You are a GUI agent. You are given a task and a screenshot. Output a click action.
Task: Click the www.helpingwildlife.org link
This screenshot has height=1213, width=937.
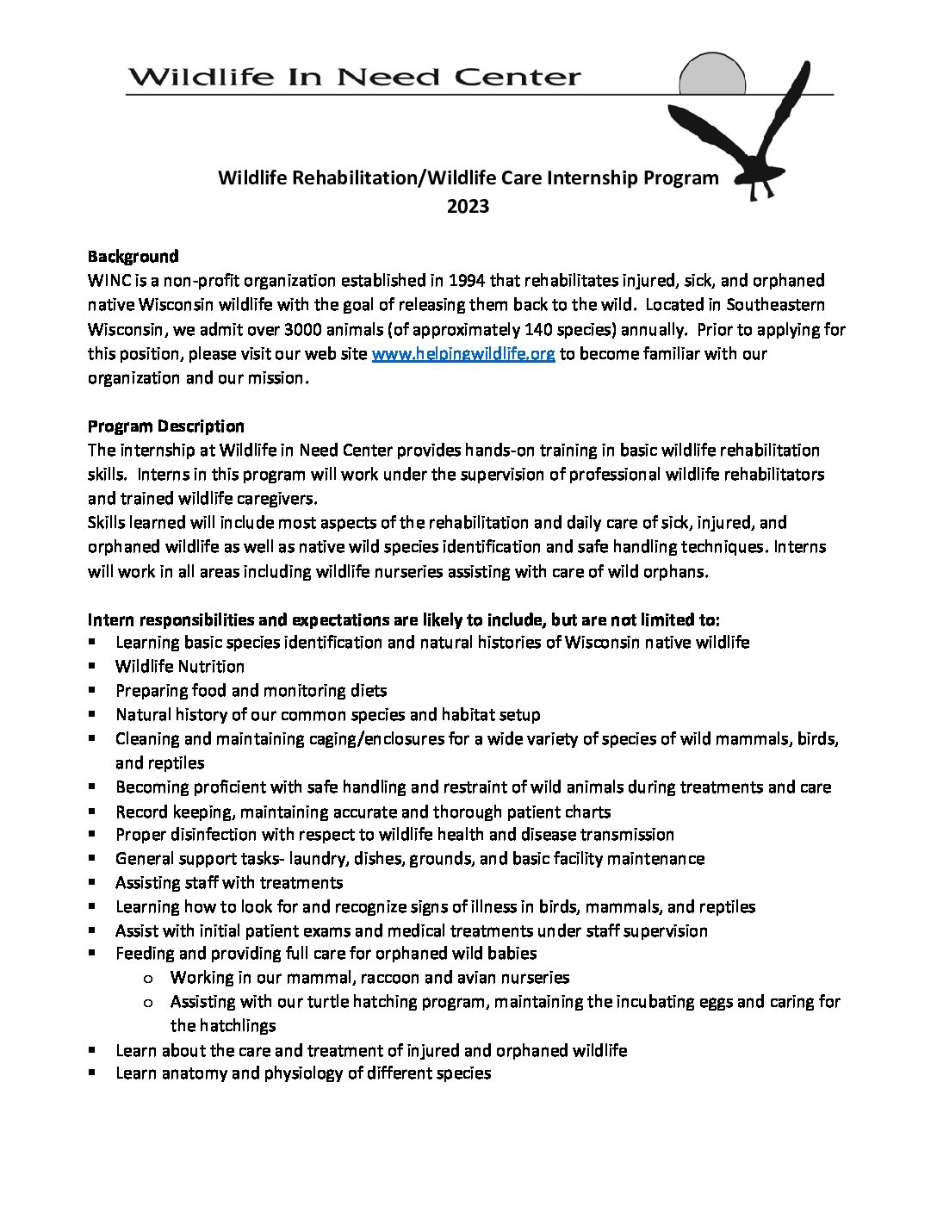coord(462,354)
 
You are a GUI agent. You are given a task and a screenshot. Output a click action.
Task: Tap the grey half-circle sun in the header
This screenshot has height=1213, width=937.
coord(711,75)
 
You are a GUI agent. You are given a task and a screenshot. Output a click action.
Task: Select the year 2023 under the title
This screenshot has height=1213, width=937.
coord(468,206)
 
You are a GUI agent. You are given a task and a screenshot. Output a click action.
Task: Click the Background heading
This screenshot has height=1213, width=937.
coord(133,256)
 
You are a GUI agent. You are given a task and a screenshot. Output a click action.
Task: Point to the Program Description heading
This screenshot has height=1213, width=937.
coord(165,426)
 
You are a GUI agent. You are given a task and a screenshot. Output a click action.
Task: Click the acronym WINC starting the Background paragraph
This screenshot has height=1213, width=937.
coord(108,281)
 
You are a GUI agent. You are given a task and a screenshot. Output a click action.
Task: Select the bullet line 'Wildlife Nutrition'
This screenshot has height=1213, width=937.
coord(180,666)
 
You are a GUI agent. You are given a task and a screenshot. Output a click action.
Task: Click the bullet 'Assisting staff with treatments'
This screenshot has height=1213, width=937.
coord(229,882)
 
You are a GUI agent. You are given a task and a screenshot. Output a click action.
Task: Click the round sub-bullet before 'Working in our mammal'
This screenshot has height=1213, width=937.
coord(148,978)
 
